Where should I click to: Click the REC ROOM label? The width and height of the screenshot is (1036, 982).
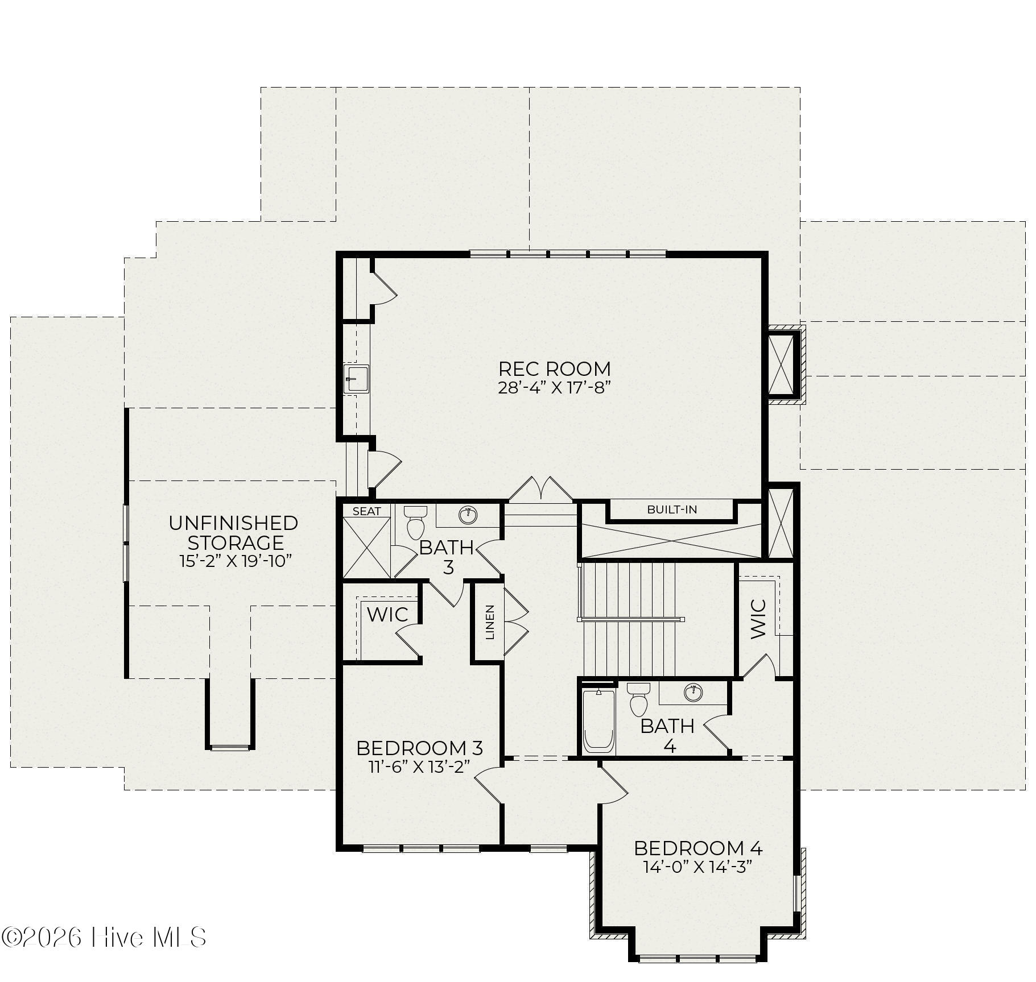[554, 368]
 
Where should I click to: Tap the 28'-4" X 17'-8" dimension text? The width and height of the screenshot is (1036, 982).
[554, 388]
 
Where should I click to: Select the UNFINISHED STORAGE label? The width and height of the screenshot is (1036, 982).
[233, 532]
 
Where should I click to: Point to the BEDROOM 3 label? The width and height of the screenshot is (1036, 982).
[420, 747]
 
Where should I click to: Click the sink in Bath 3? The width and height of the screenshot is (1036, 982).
[468, 515]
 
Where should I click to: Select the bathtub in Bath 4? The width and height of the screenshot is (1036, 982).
[599, 721]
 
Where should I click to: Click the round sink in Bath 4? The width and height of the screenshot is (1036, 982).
[692, 693]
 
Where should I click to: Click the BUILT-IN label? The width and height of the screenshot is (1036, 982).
[672, 509]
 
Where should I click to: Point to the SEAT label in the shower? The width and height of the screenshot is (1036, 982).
[367, 511]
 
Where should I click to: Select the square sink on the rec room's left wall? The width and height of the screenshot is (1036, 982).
[356, 379]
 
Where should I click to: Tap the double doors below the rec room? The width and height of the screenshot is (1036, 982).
[540, 490]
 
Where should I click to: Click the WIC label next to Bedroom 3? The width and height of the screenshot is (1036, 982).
[387, 614]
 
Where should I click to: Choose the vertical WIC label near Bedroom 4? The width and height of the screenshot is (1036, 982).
[759, 619]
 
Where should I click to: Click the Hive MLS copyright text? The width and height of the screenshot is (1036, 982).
[104, 937]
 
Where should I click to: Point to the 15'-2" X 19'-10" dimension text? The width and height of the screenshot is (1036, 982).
[236, 561]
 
